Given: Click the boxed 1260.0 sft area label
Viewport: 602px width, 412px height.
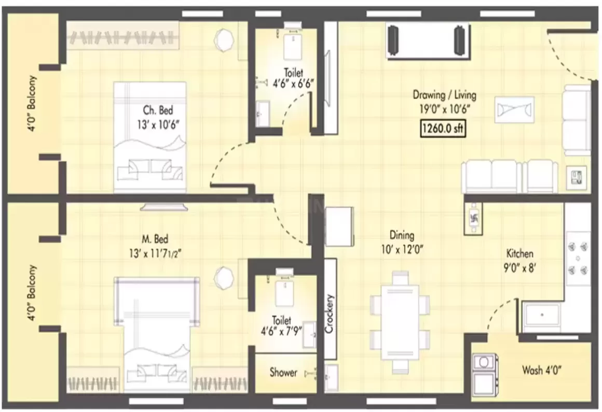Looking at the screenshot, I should (x=443, y=129).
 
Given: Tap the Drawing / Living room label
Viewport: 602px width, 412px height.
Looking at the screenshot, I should (x=444, y=102).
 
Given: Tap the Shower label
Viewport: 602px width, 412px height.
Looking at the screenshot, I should (x=283, y=373).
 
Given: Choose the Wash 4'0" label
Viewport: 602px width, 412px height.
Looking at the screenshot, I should (x=542, y=371).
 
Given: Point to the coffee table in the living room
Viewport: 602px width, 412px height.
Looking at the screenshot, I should (x=514, y=109).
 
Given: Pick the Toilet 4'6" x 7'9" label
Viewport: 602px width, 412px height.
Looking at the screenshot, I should (x=284, y=327).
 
